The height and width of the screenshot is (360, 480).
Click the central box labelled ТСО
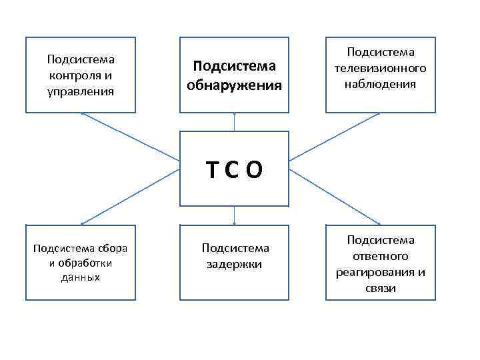[235, 168]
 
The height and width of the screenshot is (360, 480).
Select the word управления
[81, 89]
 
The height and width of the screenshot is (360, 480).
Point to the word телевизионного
[381, 69]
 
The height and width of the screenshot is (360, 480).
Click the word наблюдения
[381, 84]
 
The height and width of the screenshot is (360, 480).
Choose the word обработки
[85, 263]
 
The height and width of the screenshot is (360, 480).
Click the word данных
[81, 277]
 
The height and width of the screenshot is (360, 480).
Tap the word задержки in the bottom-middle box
[235, 264]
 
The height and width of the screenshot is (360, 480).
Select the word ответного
[381, 256]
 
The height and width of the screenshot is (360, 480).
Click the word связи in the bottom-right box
[381, 288]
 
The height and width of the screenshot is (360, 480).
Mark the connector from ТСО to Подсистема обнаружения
[235, 122]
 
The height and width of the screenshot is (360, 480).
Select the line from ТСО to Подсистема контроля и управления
[133, 137]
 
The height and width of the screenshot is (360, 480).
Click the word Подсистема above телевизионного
[381, 53]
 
